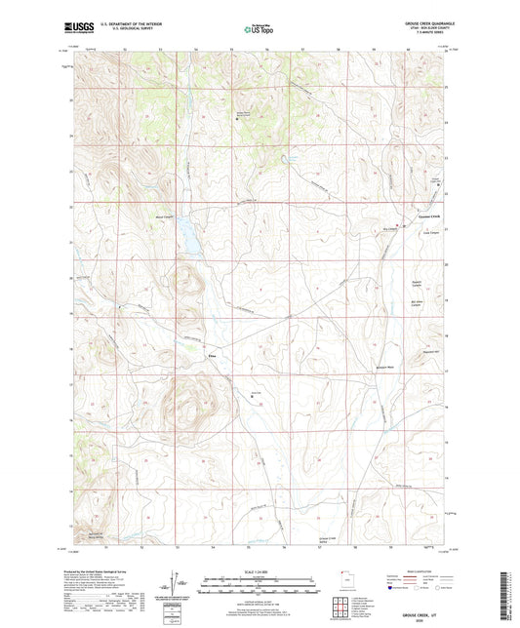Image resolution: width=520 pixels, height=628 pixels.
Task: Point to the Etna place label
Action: (211, 357)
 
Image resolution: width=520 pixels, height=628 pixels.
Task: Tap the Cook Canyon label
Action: (430, 233)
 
